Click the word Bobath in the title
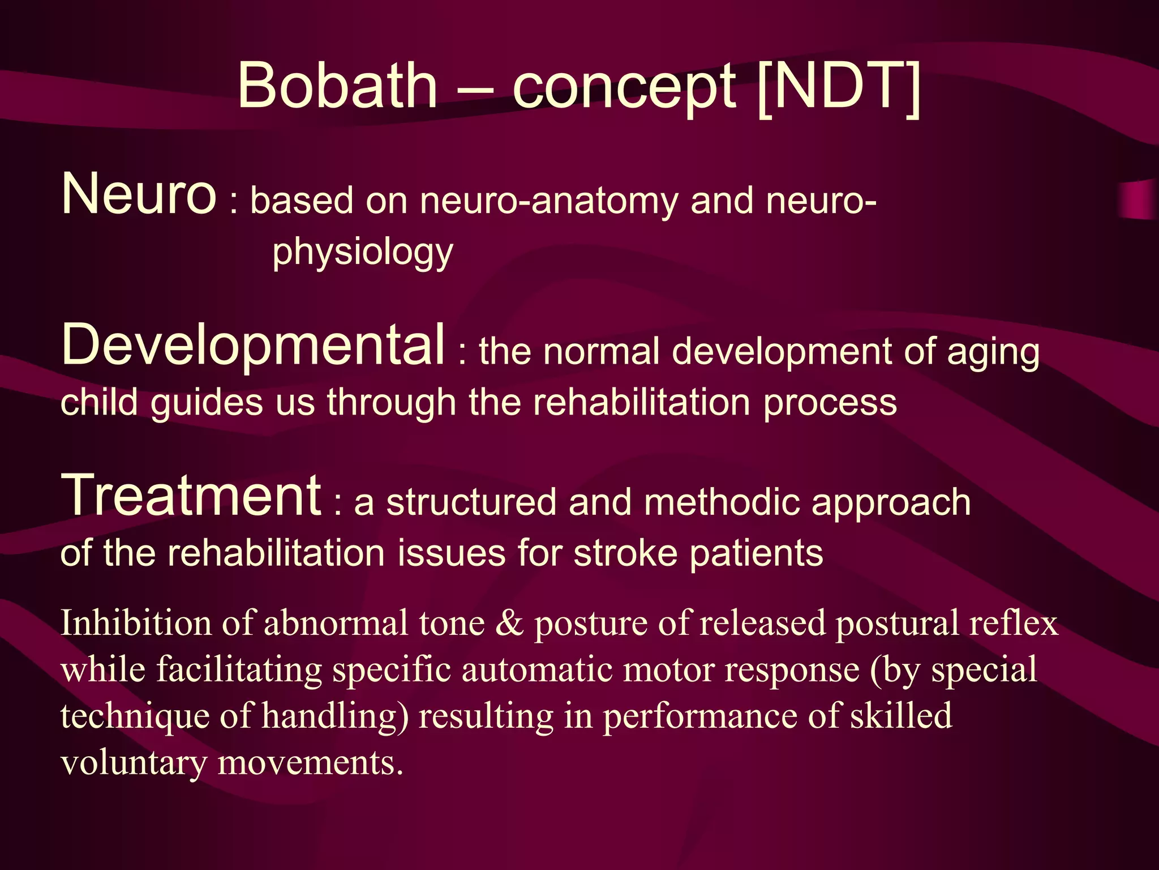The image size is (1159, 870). tap(337, 86)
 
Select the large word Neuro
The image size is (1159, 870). tap(139, 194)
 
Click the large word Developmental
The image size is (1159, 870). tap(253, 344)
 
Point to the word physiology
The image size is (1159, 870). tap(363, 252)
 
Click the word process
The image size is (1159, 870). tap(830, 403)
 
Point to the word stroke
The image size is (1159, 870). tap(625, 553)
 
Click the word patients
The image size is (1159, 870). tap(756, 553)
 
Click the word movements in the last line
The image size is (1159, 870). tap(310, 763)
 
